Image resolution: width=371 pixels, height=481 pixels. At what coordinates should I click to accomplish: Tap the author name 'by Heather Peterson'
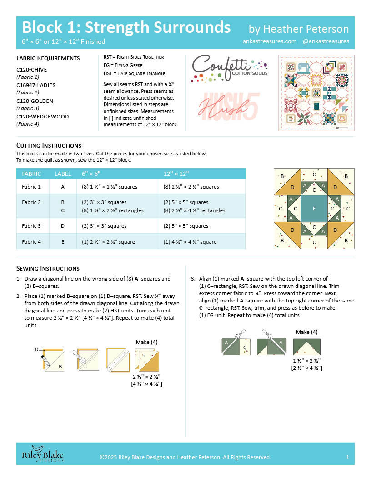click(299, 29)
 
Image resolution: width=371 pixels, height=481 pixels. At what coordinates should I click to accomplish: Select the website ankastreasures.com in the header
click(270, 41)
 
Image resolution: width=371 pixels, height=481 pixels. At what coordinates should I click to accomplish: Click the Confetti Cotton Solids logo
click(230, 66)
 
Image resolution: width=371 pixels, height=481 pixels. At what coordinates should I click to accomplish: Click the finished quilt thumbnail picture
click(316, 93)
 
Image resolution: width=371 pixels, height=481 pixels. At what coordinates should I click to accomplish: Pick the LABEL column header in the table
click(63, 174)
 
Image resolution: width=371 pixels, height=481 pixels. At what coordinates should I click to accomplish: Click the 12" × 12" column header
click(176, 174)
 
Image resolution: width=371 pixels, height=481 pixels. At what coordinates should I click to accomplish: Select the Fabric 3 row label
click(31, 226)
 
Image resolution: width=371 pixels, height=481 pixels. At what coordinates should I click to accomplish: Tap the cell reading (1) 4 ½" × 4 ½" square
click(190, 242)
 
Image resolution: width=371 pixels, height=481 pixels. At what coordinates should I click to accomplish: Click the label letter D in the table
click(63, 226)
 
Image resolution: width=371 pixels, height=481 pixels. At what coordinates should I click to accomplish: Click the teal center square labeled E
click(314, 209)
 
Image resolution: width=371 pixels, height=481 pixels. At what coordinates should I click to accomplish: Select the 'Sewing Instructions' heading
click(48, 268)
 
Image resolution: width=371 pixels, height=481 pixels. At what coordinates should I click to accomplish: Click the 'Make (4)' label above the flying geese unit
click(306, 332)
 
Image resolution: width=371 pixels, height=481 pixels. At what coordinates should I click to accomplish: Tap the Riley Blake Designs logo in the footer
click(43, 456)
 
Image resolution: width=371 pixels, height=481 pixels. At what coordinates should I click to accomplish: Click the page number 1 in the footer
click(347, 457)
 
